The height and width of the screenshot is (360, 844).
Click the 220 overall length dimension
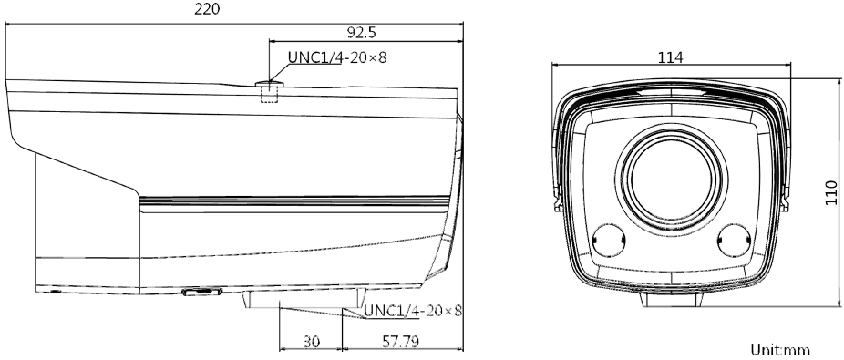pyautogui.click(x=207, y=8)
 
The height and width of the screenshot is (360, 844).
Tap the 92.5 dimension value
pyautogui.click(x=361, y=33)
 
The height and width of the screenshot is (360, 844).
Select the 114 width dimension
pyautogui.click(x=671, y=57)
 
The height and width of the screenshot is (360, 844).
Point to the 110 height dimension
pyautogui.click(x=831, y=192)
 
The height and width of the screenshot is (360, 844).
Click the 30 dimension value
pyautogui.click(x=311, y=341)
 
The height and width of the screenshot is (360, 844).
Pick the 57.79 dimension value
pyautogui.click(x=400, y=341)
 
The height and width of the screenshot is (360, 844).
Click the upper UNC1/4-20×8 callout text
pyautogui.click(x=337, y=57)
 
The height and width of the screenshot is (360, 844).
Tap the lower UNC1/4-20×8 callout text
pyautogui.click(x=413, y=311)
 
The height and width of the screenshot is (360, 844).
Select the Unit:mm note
pyautogui.click(x=780, y=350)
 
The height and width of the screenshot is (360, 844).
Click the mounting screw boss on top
pyautogui.click(x=269, y=84)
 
